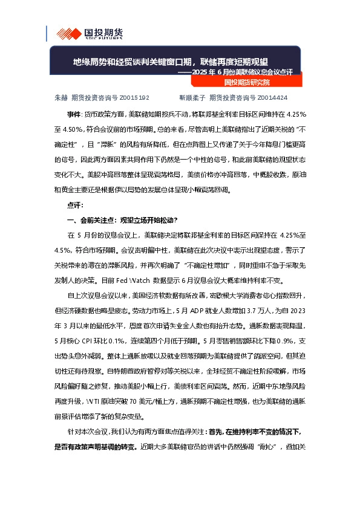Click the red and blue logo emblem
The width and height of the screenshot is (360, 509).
(64, 33)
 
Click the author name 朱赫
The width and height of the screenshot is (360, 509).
(61, 97)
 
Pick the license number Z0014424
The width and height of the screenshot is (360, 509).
(272, 97)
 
